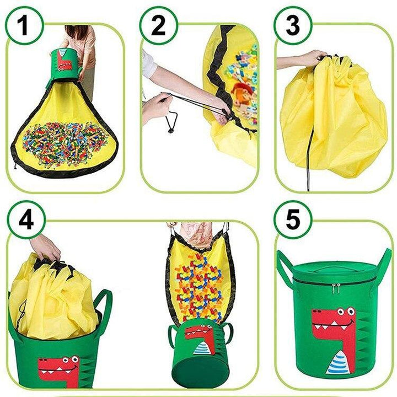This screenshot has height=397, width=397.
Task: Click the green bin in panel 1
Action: (x=65, y=65)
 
